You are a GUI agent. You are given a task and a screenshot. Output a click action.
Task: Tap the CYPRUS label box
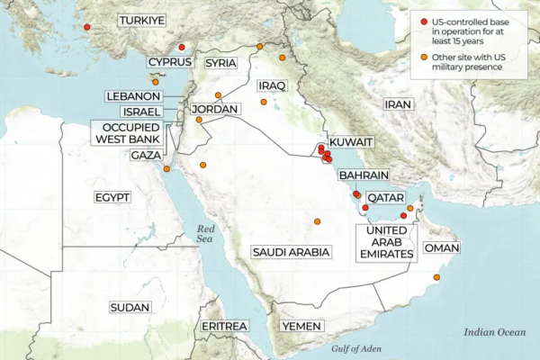click(170, 61)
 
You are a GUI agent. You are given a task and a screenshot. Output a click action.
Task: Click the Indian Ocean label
click(494, 332)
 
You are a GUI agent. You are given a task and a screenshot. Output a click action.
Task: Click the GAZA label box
click(145, 156)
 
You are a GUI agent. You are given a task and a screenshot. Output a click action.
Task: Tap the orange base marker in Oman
click(437, 278)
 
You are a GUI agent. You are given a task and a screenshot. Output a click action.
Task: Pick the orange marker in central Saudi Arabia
click(317, 221)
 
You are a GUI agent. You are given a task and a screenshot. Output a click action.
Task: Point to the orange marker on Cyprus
click(155, 82)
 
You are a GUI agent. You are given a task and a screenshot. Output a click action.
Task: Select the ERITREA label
click(223, 325)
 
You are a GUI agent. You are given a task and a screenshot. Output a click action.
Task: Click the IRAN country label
click(397, 104)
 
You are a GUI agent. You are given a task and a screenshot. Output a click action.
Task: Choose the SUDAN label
click(130, 308)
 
